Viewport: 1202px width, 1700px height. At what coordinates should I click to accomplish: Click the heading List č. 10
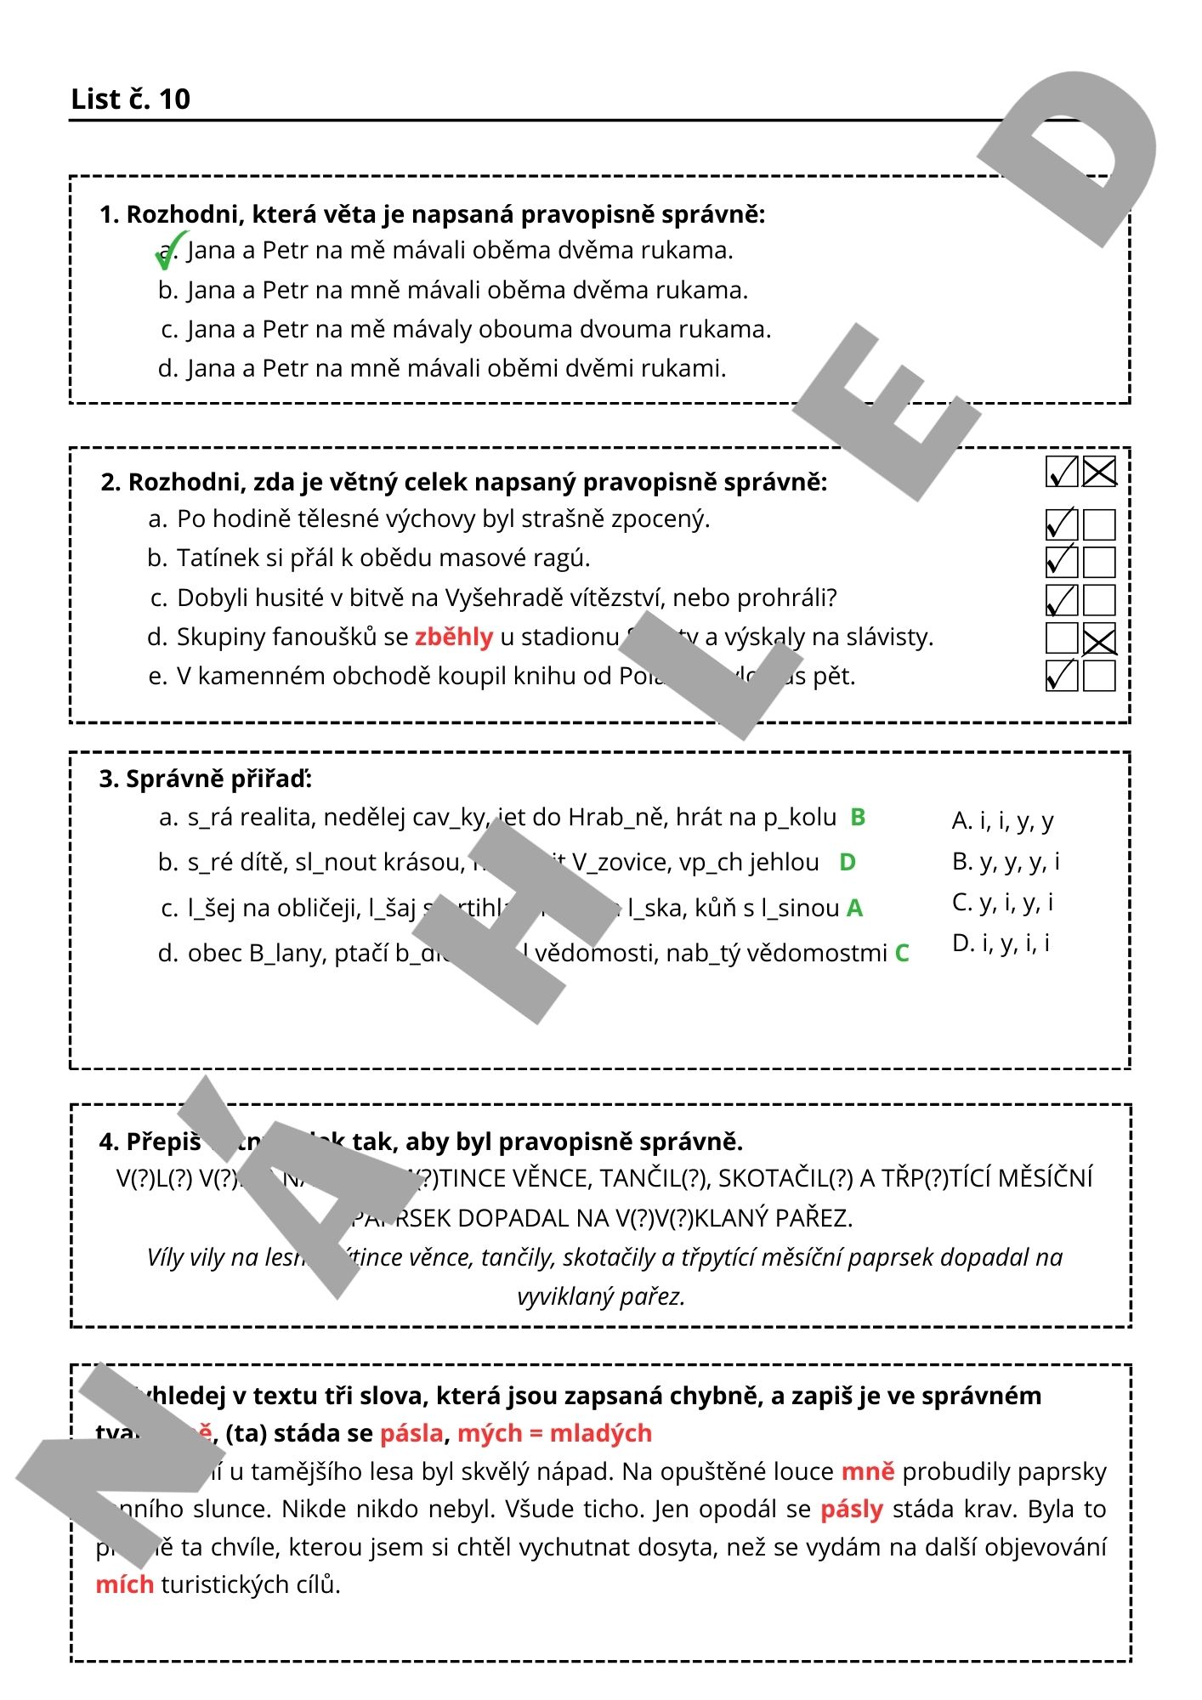(x=130, y=99)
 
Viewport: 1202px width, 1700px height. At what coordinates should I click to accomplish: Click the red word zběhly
(x=454, y=637)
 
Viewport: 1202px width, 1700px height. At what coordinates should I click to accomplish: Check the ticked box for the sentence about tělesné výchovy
(x=1061, y=524)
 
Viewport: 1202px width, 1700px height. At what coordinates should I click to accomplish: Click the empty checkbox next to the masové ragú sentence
(x=1099, y=562)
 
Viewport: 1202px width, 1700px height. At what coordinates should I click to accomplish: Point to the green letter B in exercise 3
(x=858, y=817)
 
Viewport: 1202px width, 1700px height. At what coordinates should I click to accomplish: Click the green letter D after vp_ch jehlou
(x=847, y=862)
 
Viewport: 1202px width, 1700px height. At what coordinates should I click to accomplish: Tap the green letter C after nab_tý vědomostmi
(x=902, y=953)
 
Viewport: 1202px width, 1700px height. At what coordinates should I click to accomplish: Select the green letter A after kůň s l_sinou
(x=854, y=908)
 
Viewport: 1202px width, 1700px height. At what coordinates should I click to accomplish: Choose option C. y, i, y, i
(x=1002, y=902)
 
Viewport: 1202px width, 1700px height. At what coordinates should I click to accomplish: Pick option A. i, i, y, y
(x=1002, y=820)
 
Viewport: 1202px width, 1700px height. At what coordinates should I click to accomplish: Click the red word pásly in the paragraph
(x=851, y=1509)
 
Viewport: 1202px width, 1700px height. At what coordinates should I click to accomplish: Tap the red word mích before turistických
(x=124, y=1584)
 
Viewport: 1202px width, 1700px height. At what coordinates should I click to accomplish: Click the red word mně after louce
(x=867, y=1471)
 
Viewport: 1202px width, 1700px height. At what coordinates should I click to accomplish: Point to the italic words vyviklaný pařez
(x=601, y=1296)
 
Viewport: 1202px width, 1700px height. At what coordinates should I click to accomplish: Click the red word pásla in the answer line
(x=411, y=1433)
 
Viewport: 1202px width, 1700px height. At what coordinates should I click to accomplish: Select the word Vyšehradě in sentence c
(x=504, y=598)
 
